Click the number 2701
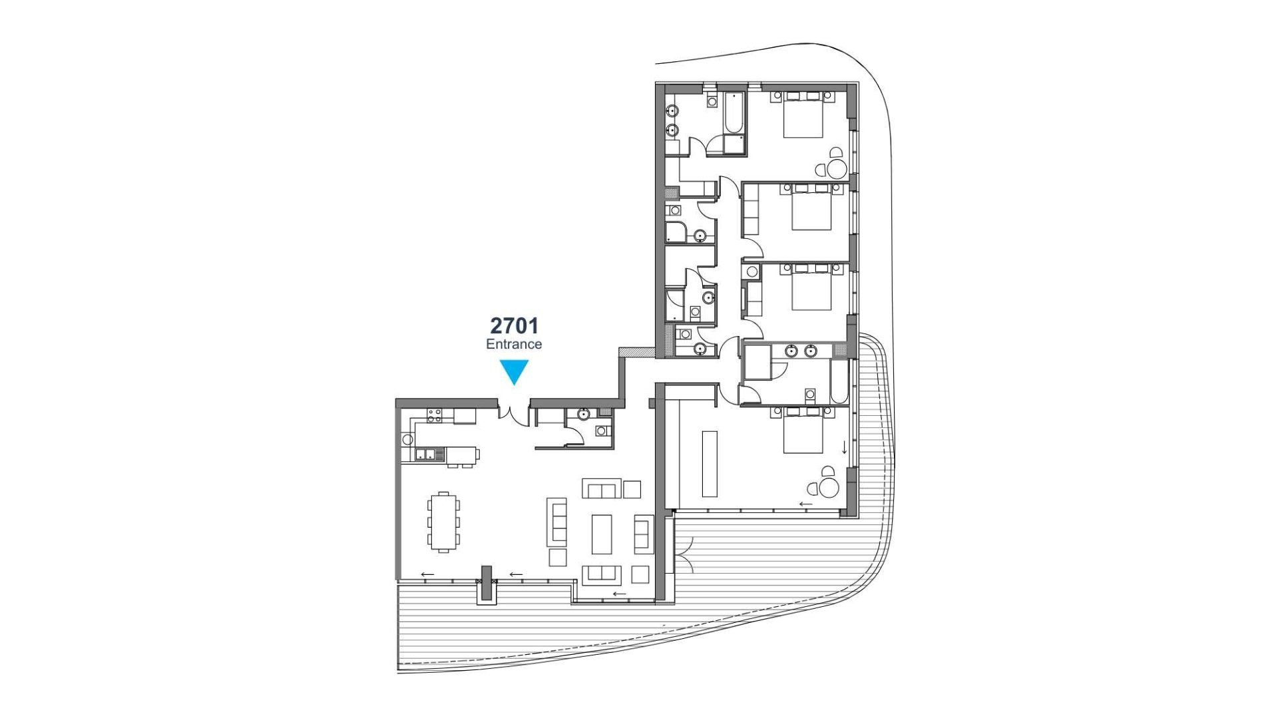(514, 325)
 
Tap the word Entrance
(514, 344)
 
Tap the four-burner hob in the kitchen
(434, 416)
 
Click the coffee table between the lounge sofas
(602, 534)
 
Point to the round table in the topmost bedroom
(837, 168)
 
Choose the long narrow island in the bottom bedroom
(710, 463)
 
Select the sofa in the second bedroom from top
(751, 211)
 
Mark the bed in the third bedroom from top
(811, 287)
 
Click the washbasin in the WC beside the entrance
(583, 415)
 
